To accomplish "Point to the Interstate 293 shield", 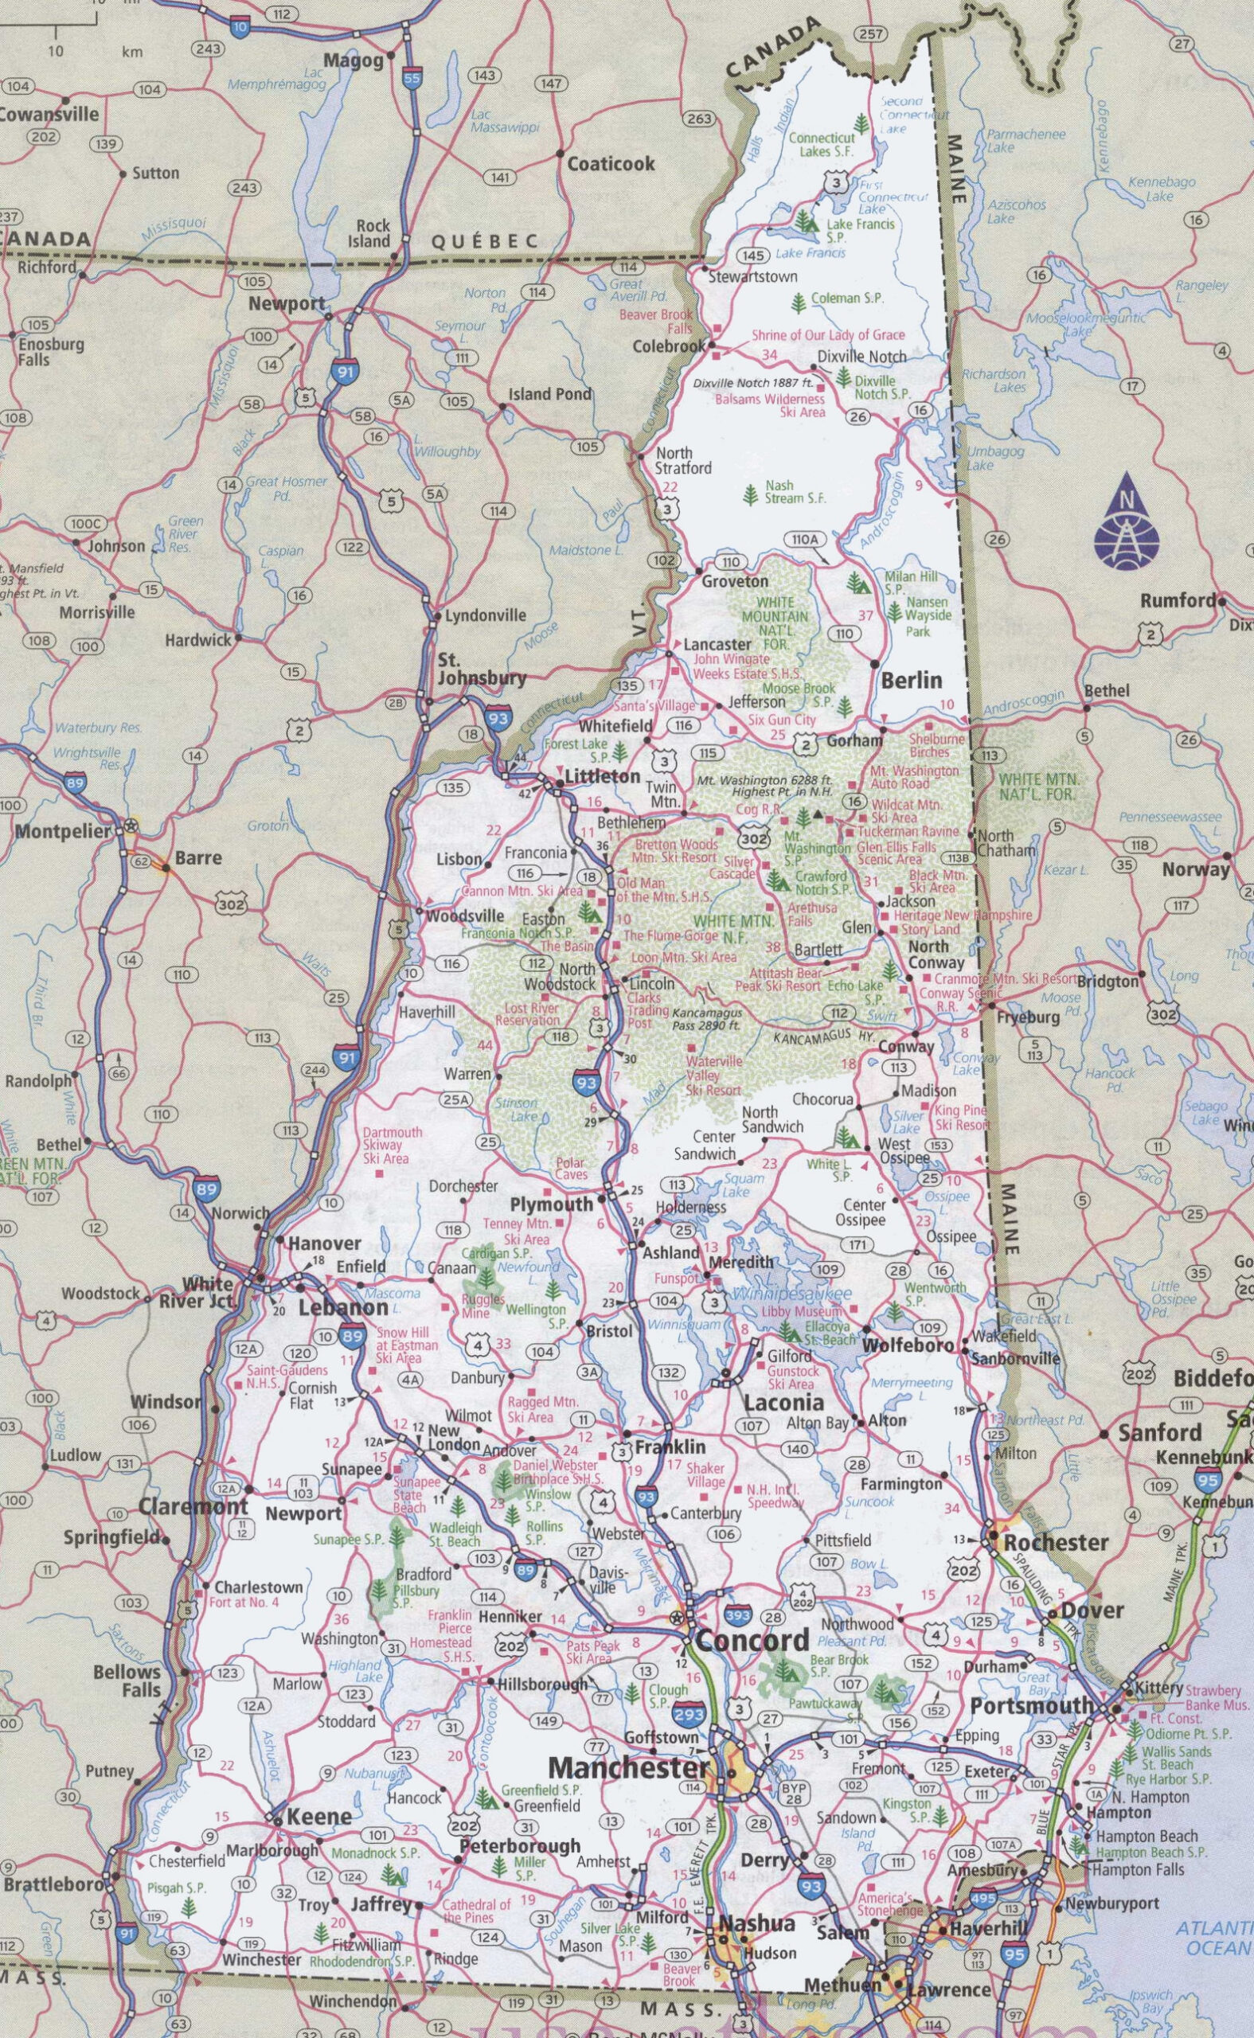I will (691, 1692).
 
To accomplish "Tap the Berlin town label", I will (912, 680).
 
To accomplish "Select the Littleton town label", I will (601, 777).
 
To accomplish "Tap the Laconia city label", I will (783, 1403).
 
